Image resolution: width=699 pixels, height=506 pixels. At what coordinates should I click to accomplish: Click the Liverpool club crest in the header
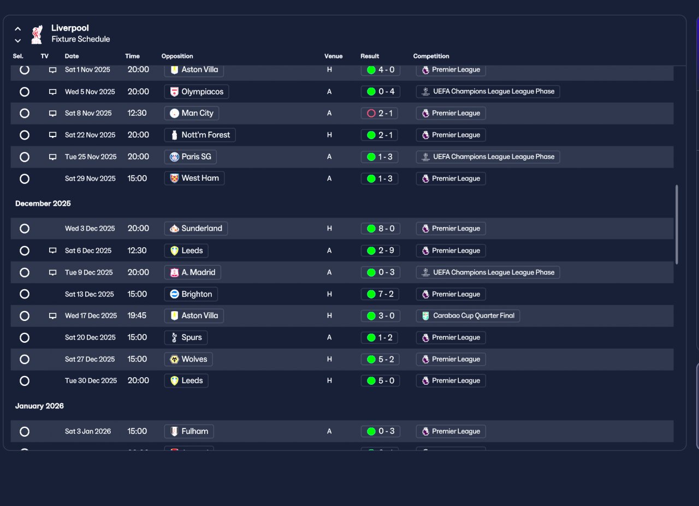point(37,34)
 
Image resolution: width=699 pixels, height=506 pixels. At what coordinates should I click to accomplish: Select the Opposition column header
point(177,56)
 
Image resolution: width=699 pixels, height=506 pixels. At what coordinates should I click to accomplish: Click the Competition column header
point(431,56)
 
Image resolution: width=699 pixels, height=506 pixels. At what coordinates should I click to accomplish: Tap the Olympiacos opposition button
point(197,92)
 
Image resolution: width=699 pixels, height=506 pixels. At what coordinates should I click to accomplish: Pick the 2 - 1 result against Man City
point(379,113)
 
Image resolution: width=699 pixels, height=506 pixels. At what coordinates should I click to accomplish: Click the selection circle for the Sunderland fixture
point(25,229)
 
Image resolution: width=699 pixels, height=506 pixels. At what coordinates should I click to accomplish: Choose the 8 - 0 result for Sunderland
point(381,229)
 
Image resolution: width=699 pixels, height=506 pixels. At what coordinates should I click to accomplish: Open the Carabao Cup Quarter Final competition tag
point(468,315)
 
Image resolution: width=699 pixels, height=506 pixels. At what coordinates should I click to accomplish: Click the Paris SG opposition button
point(191,157)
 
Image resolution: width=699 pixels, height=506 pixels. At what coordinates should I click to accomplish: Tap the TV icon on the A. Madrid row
point(53,273)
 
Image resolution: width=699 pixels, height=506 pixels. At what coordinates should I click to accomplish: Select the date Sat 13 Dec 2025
point(89,294)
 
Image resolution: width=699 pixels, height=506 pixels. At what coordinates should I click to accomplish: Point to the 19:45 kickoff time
point(137,315)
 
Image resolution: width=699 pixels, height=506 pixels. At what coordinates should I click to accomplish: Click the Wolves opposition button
point(188,359)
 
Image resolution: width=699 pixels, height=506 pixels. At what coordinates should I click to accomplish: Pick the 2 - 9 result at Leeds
point(381,251)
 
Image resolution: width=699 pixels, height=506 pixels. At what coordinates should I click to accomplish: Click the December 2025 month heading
point(43,204)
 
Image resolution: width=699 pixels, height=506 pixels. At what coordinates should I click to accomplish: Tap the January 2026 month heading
point(39,406)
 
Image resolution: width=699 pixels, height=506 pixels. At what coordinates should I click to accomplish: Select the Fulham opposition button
point(189,431)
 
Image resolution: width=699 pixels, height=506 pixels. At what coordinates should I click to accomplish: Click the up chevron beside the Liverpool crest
point(18,29)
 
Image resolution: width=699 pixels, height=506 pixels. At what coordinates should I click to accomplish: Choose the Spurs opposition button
point(186,337)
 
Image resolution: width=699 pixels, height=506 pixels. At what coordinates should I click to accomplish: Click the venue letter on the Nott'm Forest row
point(329,135)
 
